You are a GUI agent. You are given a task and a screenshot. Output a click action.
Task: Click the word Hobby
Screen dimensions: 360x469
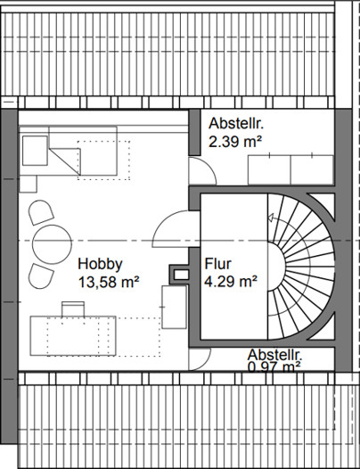[100, 265]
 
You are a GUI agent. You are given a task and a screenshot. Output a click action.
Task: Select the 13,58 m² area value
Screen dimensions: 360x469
[109, 282]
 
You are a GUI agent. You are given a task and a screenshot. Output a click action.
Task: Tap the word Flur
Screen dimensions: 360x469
[218, 264]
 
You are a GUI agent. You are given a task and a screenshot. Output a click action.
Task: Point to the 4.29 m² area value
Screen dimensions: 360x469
[231, 281]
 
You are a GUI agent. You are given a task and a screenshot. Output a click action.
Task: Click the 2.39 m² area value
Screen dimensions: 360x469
[235, 141]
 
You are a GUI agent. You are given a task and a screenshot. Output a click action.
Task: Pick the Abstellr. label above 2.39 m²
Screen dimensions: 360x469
[236, 124]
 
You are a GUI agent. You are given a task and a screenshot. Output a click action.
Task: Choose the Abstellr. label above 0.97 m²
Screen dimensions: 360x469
[274, 355]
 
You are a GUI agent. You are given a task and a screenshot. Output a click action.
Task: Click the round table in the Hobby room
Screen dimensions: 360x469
[52, 244]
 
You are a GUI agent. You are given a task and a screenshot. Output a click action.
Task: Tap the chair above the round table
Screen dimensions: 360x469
[41, 212]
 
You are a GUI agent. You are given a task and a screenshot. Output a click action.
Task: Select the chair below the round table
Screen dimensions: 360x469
[41, 276]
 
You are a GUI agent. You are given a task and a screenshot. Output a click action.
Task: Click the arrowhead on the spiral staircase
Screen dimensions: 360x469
[272, 218]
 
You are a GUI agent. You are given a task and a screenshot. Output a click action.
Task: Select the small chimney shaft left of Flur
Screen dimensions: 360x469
[179, 275]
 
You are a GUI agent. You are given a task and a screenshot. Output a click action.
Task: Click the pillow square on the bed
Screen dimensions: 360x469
[35, 151]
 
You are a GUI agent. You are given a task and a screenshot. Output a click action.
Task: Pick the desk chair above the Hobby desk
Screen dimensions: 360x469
[73, 309]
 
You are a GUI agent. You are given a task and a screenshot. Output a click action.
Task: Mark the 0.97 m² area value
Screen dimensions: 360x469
[274, 366]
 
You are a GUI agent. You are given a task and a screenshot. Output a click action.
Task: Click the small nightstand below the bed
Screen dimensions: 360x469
[29, 184]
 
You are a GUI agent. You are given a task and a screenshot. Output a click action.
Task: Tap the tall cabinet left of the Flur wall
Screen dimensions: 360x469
[175, 307]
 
